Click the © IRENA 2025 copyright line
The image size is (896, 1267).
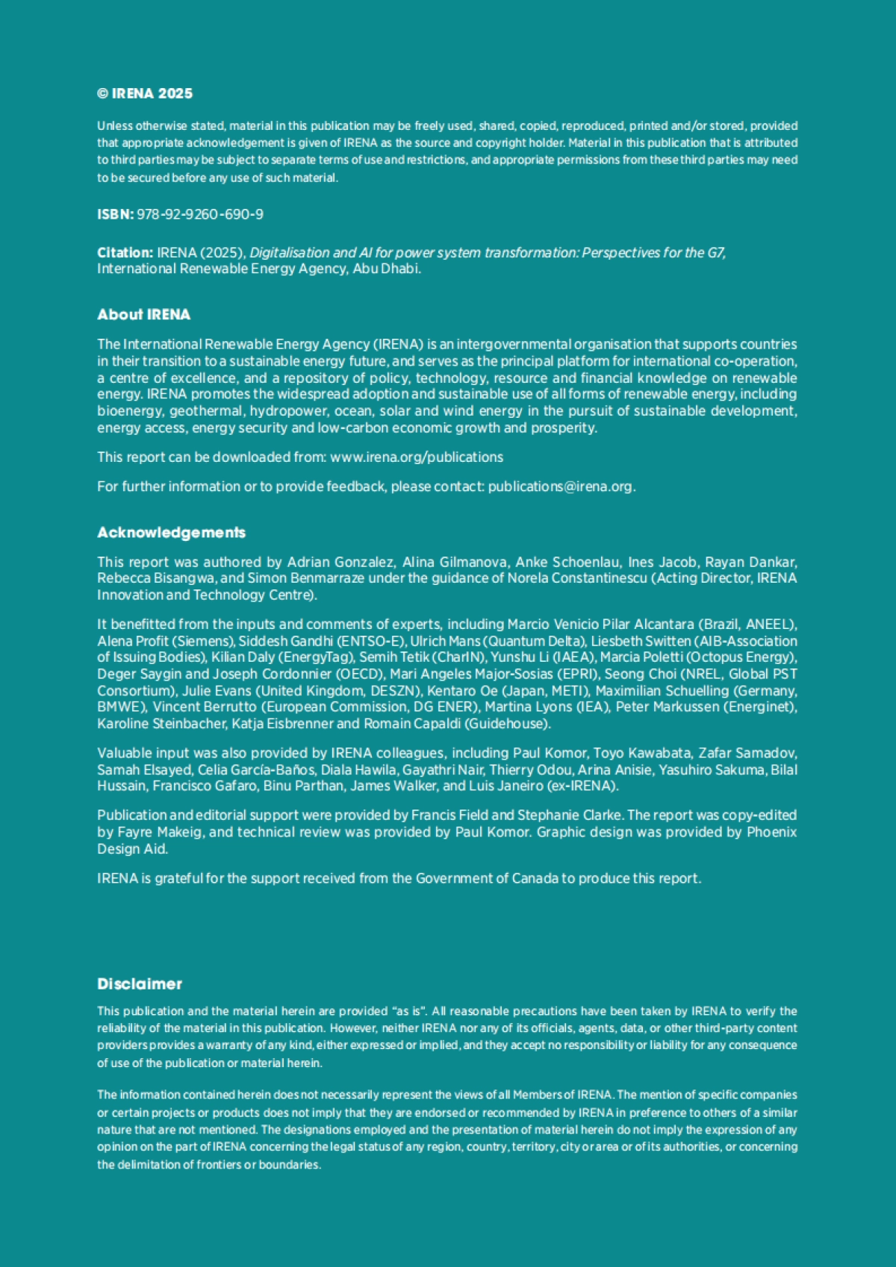click(x=145, y=94)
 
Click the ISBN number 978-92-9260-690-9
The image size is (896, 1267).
click(x=200, y=215)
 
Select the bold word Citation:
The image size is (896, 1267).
click(x=125, y=253)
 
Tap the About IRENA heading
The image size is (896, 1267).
click(x=143, y=315)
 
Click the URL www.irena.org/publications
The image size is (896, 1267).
click(x=417, y=457)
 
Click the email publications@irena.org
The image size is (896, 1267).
click(x=560, y=487)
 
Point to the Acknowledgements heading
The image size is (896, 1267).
click(x=171, y=533)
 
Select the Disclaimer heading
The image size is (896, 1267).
click(x=140, y=984)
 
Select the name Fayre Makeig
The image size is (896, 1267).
click(x=157, y=832)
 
